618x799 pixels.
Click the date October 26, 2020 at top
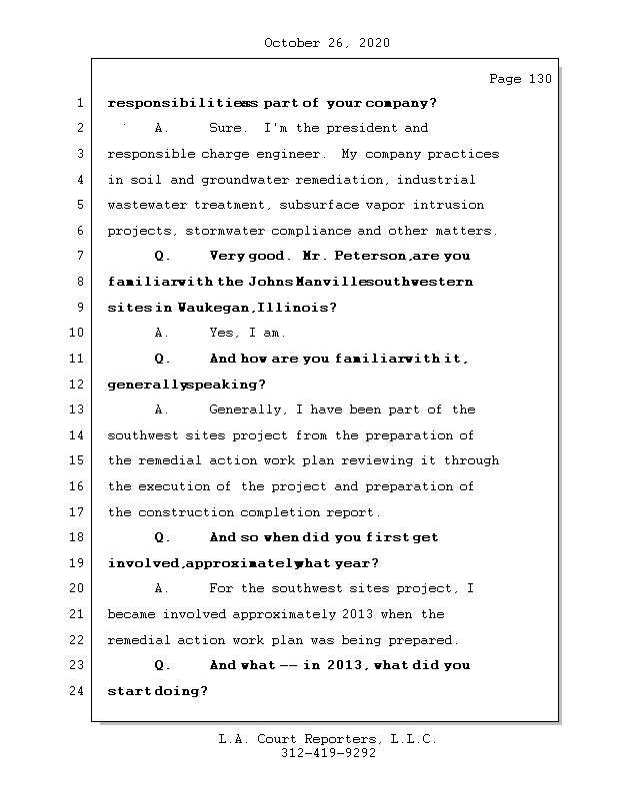pos(327,43)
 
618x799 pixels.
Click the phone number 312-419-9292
pos(327,754)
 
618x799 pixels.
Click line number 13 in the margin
pos(79,410)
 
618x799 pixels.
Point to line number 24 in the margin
pos(79,691)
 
